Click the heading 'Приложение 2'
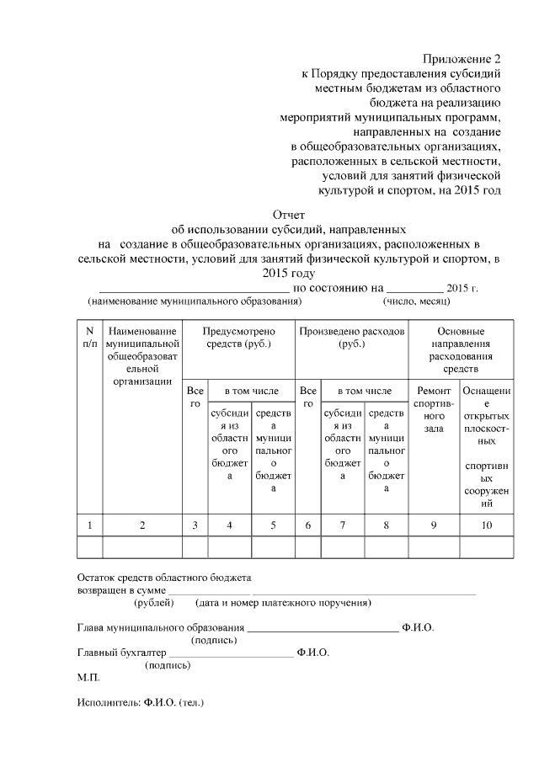(x=461, y=59)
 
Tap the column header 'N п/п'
(x=89, y=337)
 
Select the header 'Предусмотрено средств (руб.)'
(x=238, y=338)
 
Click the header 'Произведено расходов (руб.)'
(x=351, y=338)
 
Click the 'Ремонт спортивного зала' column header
(x=433, y=409)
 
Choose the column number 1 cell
(x=89, y=525)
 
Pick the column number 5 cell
(x=273, y=525)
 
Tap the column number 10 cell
(x=487, y=525)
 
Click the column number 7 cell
(x=343, y=525)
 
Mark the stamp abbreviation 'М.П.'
(x=88, y=678)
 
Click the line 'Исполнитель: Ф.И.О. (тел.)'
(x=141, y=701)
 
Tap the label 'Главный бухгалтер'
(x=120, y=653)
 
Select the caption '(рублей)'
(x=153, y=603)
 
